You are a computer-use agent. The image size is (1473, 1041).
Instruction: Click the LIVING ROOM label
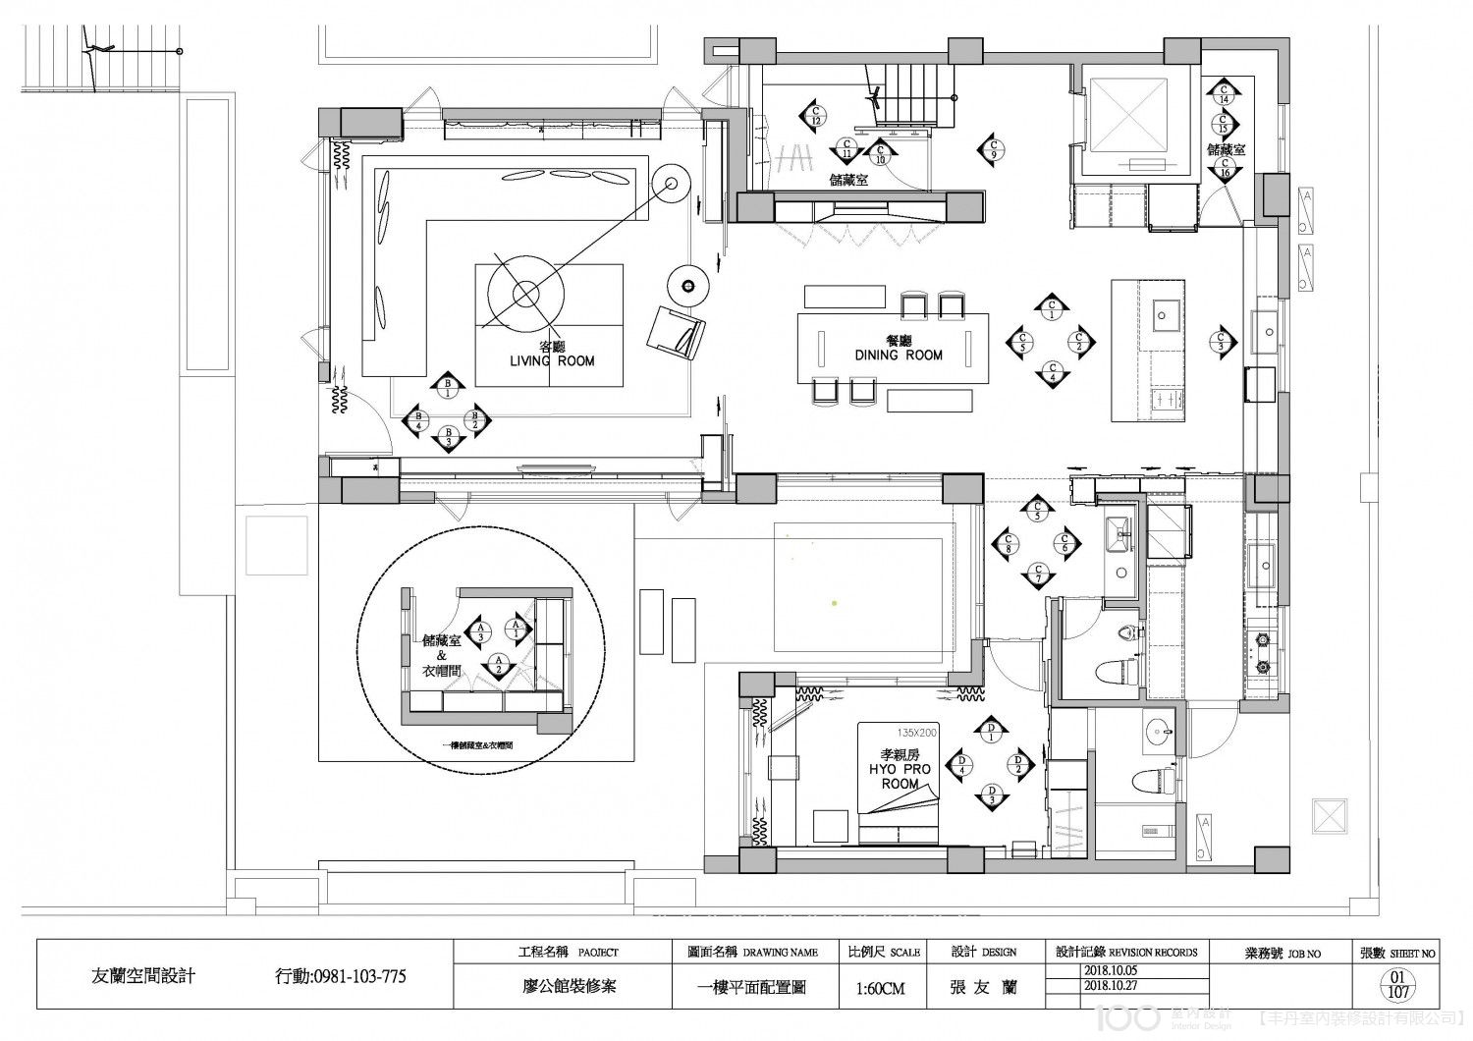point(551,355)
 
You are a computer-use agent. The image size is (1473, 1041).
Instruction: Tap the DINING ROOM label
point(898,349)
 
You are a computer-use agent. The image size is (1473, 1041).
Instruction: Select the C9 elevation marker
point(992,149)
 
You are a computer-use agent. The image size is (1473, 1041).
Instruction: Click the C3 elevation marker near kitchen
point(1221,340)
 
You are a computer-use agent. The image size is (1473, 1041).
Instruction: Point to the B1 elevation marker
point(448,387)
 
